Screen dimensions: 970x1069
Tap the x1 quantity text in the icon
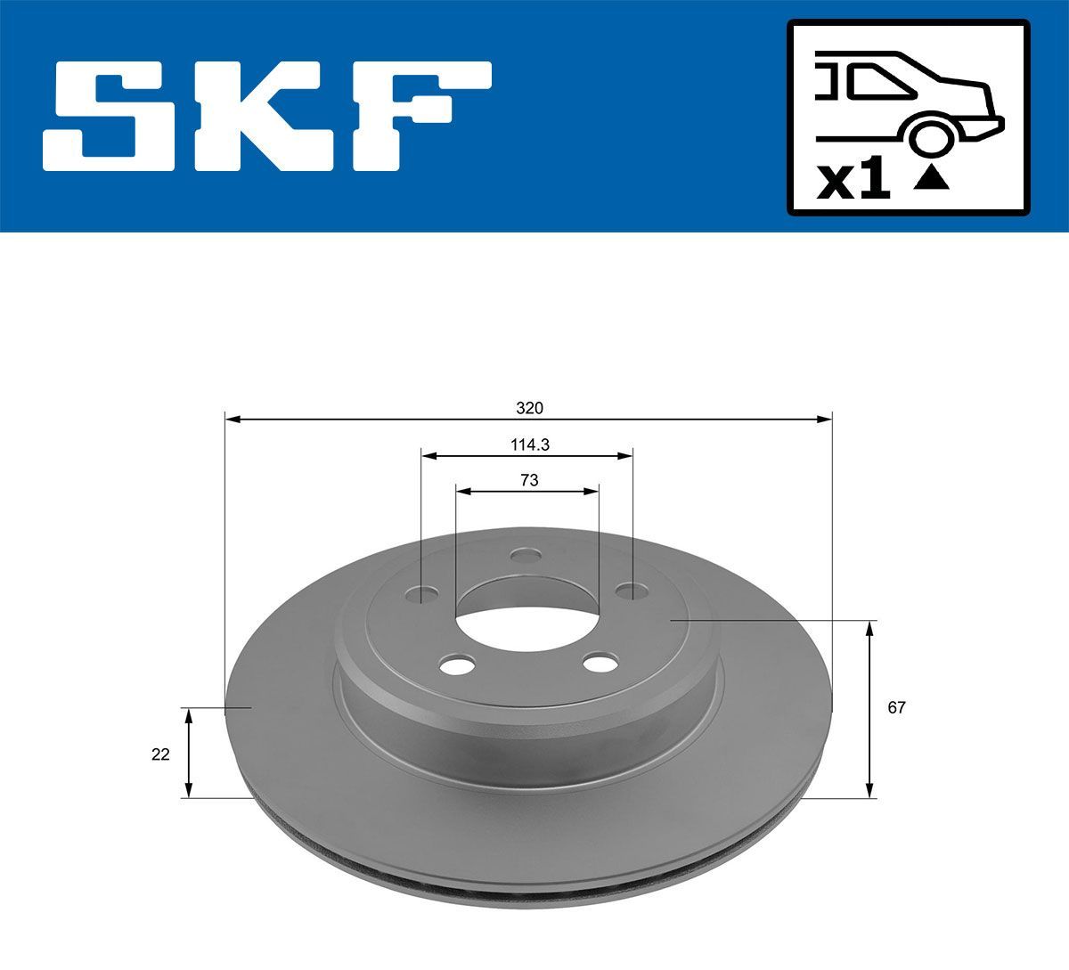click(854, 181)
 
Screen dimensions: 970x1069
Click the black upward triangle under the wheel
click(932, 178)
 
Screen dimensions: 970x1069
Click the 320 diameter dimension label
click(529, 408)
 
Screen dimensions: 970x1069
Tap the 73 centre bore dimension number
click(528, 480)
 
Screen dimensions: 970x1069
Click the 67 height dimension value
click(896, 708)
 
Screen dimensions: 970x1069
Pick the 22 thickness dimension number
click(160, 754)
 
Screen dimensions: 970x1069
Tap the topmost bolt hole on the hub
click(526, 557)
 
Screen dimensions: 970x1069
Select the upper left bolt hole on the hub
click(422, 592)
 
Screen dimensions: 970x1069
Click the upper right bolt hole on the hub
click(632, 590)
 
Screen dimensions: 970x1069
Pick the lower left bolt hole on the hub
click(458, 664)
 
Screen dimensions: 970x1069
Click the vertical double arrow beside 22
click(188, 753)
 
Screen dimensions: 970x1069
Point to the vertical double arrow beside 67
click(869, 709)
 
